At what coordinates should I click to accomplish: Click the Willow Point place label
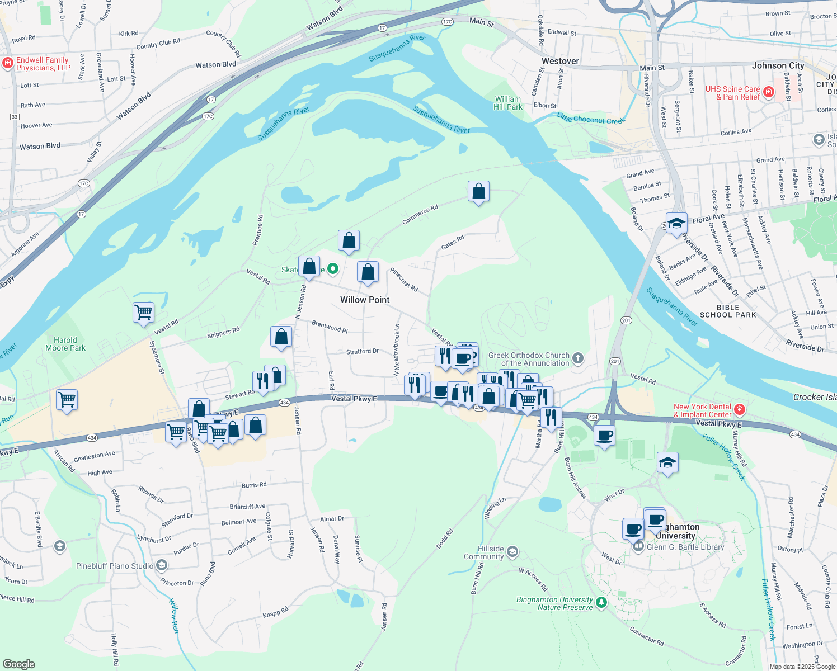tap(365, 300)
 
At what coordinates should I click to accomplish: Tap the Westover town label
tap(560, 61)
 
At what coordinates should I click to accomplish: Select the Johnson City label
tap(778, 65)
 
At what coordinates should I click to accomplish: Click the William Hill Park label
tap(508, 103)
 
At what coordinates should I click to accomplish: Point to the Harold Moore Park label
tap(65, 344)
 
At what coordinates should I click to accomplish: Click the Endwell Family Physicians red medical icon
tap(8, 63)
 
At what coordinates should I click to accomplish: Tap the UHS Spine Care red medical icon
tap(769, 92)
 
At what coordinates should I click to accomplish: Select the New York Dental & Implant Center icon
tap(740, 410)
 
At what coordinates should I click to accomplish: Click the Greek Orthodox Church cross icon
tap(578, 358)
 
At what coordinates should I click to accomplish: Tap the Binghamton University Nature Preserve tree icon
tap(601, 603)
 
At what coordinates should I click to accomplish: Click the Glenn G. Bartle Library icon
tap(638, 546)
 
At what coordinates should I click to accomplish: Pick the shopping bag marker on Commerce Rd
tap(478, 192)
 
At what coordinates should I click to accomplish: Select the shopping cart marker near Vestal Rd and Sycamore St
tap(144, 311)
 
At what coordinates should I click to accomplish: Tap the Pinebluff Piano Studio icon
tap(162, 566)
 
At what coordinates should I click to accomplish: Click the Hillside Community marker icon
tap(512, 553)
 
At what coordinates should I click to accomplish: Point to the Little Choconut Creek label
tap(591, 118)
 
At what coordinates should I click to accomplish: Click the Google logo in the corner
tap(19, 664)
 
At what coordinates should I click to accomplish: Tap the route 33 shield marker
tap(15, 116)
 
